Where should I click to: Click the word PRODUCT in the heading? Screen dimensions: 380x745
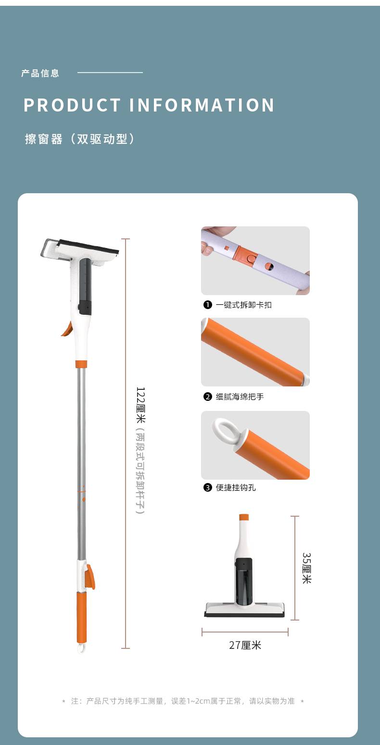pos(72,105)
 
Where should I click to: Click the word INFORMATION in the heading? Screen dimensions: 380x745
pos(202,105)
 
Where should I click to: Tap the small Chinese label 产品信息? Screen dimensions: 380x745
pos(40,73)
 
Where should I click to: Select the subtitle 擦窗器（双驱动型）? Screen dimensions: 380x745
pos(80,139)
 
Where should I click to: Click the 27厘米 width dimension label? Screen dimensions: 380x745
pos(245,645)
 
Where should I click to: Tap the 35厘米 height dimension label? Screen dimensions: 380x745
pos(306,568)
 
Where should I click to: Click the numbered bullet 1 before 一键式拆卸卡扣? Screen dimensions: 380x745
pos(208,305)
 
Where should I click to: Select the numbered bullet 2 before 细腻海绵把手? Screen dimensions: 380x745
pos(208,397)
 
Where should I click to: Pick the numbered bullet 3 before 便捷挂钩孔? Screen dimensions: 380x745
pos(208,487)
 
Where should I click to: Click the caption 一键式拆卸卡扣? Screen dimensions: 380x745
pos(243,305)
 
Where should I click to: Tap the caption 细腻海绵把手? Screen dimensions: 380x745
pos(240,397)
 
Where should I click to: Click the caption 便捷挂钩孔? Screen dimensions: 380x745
pos(236,487)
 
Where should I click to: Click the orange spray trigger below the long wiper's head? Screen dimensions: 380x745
pos(67,329)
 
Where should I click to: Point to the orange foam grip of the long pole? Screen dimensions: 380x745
pos(81,617)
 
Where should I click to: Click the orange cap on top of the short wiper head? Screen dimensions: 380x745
pos(244,517)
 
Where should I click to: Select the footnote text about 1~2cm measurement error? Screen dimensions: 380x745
pos(182,701)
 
